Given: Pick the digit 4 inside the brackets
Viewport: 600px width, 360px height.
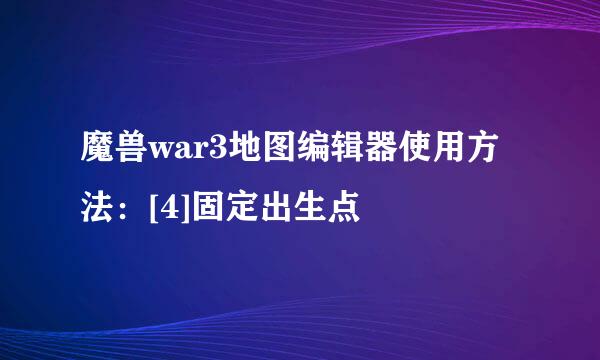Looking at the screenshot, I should tap(163, 209).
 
